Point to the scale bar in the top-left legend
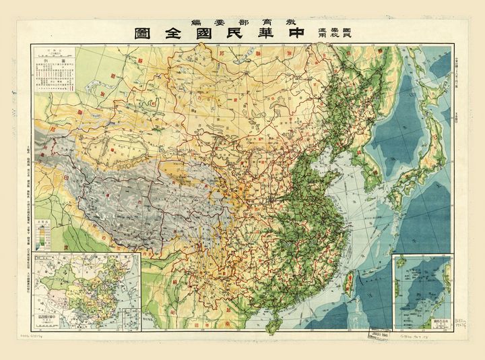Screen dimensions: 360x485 click(x=53, y=53)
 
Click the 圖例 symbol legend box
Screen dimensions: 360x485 click(x=53, y=81)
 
